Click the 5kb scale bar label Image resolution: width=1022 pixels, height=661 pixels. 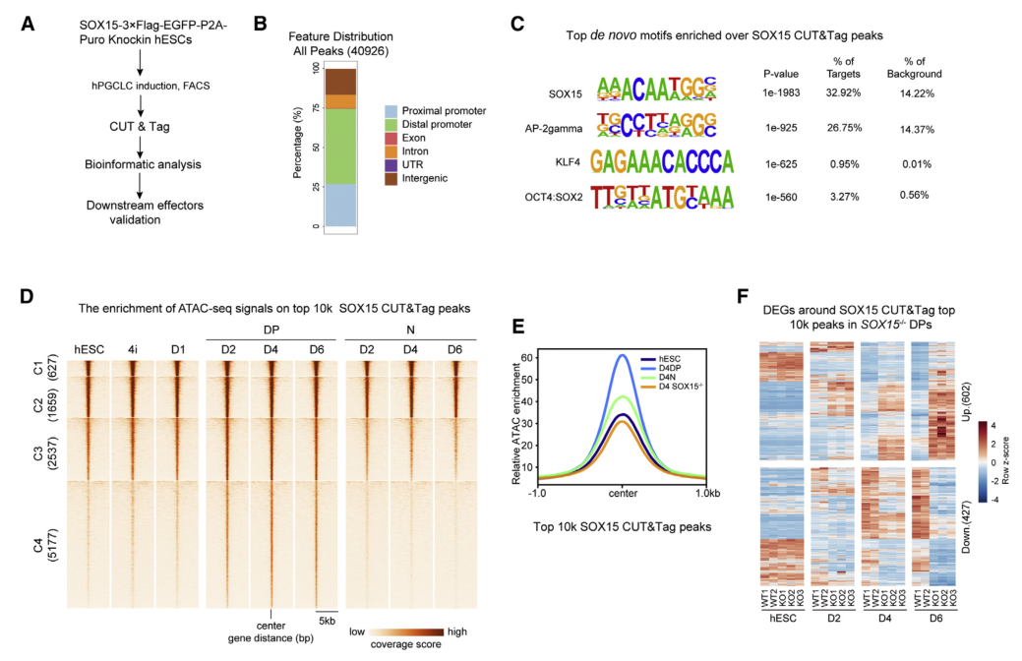click(x=329, y=623)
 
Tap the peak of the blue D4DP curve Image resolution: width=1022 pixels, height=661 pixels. click(x=622, y=355)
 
